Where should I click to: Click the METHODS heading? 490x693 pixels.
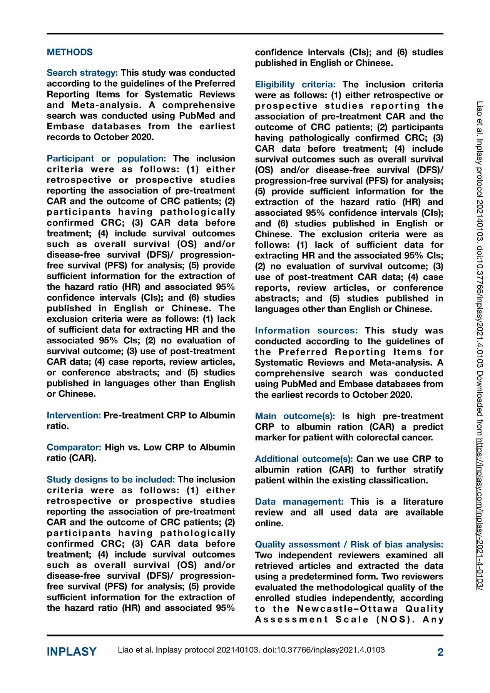70,52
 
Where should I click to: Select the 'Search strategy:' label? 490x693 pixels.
82,73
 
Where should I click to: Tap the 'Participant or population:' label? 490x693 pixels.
106,159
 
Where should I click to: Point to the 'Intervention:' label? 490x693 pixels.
74,415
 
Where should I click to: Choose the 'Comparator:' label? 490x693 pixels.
74,447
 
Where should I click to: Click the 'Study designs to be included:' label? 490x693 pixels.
110,480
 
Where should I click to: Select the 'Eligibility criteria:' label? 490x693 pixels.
295,84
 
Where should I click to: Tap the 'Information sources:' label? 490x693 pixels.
306,331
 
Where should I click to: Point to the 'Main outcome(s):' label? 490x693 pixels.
295,416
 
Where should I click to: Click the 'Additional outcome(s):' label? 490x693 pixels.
304,459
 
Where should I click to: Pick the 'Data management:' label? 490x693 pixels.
299,502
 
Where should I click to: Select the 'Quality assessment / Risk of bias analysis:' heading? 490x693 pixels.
349,544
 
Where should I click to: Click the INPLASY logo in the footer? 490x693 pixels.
72,652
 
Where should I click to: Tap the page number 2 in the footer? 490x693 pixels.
440,652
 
